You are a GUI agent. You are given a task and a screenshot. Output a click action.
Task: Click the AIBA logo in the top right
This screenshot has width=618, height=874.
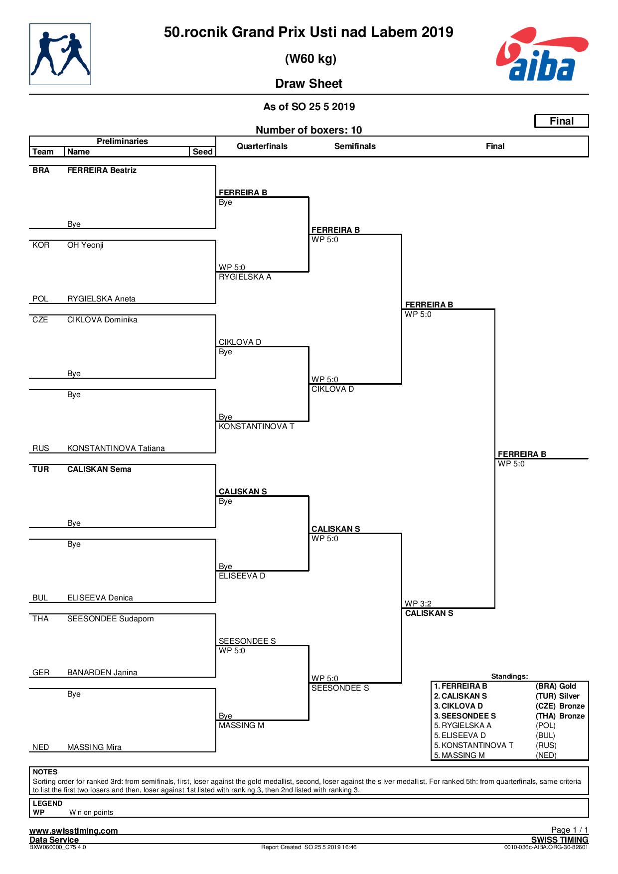[542, 54]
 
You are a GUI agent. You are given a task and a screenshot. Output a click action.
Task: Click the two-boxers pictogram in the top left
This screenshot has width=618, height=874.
[60, 54]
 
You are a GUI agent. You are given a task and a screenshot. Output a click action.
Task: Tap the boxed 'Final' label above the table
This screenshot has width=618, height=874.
[562, 121]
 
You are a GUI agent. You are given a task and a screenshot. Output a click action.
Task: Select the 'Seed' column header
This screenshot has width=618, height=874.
[203, 151]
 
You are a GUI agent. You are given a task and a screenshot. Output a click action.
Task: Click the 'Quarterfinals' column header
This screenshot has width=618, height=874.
[262, 146]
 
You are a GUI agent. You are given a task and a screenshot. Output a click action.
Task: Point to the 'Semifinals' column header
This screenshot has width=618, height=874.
[355, 146]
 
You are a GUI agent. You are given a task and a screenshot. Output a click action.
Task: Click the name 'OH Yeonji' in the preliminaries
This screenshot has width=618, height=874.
[85, 245]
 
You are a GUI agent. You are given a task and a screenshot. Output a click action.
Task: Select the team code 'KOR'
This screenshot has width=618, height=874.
[41, 245]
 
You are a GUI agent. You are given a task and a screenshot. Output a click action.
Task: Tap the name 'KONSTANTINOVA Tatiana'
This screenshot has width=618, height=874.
[116, 448]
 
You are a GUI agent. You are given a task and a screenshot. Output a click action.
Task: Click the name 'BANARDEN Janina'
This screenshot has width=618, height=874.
[102, 673]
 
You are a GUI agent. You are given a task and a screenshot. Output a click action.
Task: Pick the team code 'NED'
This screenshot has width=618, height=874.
[41, 747]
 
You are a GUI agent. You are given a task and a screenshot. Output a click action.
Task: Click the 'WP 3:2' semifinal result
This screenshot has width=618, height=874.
[418, 604]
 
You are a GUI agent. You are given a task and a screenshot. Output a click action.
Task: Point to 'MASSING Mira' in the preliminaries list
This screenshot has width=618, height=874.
[94, 747]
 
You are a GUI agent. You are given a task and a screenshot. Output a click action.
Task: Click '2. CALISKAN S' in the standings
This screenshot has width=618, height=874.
[461, 696]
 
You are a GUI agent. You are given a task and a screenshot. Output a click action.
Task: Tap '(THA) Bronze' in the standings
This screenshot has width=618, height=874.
[560, 716]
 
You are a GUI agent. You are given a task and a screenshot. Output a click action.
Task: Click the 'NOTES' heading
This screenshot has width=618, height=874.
[45, 772]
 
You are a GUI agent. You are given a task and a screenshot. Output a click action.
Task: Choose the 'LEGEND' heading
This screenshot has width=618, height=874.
[48, 803]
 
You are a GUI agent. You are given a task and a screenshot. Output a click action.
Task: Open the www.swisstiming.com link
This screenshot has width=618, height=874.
[74, 831]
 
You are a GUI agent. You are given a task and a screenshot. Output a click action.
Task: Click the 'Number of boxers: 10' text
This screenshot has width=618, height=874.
[309, 130]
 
